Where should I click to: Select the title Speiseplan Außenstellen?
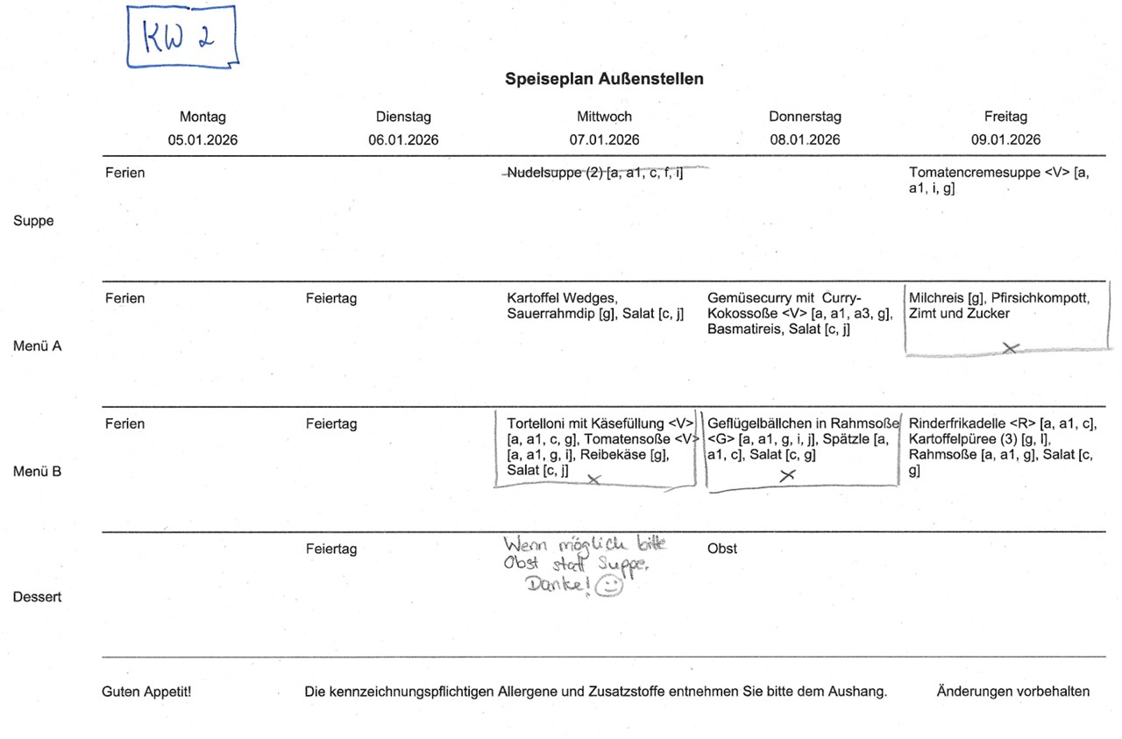point(604,79)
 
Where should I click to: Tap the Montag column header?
point(202,117)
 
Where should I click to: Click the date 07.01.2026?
point(604,139)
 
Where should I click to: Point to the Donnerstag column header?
point(805,117)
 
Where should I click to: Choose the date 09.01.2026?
point(1005,139)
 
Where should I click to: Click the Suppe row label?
point(33,221)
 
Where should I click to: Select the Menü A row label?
point(37,346)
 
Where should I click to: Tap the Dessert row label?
point(37,597)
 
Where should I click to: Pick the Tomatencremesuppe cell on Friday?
point(999,180)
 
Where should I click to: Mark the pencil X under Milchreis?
point(1010,348)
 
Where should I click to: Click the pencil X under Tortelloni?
point(594,479)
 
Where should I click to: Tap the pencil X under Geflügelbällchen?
point(787,474)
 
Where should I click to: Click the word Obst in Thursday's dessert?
point(721,549)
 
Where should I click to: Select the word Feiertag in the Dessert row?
point(330,549)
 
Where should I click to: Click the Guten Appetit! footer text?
point(146,692)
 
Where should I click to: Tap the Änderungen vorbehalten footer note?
point(1012,692)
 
